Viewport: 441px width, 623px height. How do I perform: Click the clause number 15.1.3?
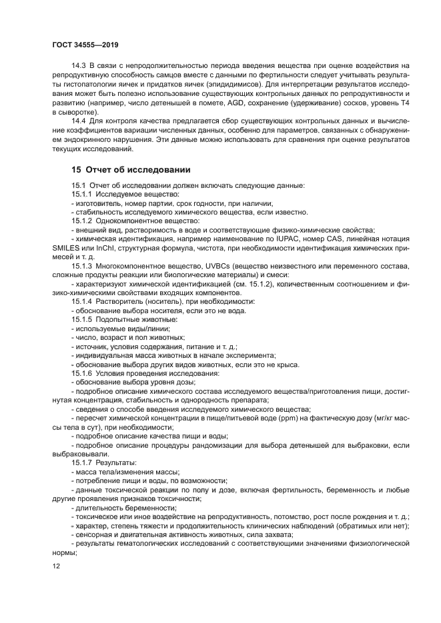coord(82,267)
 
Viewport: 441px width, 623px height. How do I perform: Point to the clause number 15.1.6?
coord(82,374)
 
